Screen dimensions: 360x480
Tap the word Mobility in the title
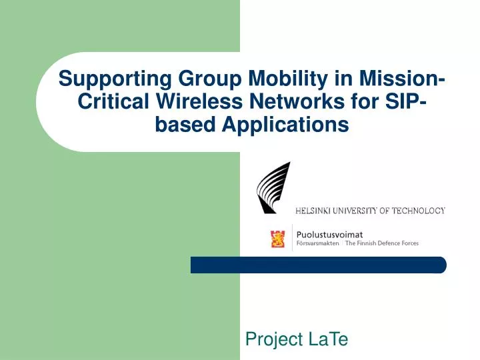point(287,79)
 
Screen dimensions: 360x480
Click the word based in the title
point(180,125)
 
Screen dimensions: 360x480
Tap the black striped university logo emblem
point(273,187)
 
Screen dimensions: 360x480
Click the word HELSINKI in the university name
point(317,211)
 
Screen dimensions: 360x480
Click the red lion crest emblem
point(277,238)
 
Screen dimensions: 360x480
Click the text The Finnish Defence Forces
point(381,244)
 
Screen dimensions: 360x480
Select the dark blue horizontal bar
point(318,265)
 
